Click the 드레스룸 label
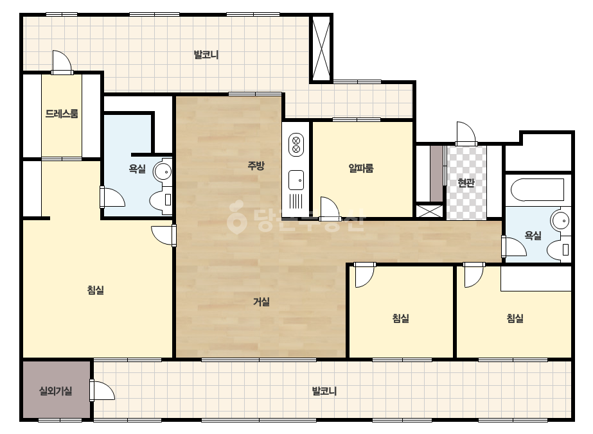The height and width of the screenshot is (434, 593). click(62, 114)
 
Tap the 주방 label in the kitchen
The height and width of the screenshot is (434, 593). click(256, 166)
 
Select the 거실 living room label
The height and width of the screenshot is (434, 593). click(261, 302)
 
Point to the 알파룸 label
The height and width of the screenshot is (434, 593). click(361, 168)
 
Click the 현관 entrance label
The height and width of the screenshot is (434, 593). click(466, 183)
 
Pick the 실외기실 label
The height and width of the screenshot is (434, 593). click(56, 391)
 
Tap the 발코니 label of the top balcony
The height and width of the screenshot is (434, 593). click(206, 55)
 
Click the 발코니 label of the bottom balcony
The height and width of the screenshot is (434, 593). click(324, 391)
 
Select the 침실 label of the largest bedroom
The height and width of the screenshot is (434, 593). click(96, 290)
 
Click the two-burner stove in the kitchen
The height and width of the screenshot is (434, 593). click(296, 144)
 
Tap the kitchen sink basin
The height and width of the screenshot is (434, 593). click(296, 180)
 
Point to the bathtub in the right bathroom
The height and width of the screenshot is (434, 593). click(537, 190)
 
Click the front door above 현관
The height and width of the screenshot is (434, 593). click(466, 134)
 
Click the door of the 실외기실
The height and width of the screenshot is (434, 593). click(102, 390)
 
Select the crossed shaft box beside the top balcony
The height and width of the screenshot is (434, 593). click(321, 48)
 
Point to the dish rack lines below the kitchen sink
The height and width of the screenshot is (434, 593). click(296, 201)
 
